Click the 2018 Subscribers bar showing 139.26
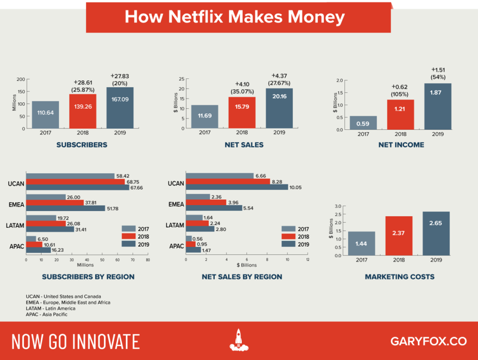click(x=83, y=111)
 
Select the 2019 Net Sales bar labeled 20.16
click(x=279, y=108)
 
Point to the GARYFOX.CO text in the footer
click(x=428, y=341)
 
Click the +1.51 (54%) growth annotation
click(x=438, y=74)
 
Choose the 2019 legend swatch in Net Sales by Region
click(x=288, y=244)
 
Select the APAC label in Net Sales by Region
click(x=176, y=246)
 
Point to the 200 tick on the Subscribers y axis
click(x=21, y=79)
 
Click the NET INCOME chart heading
click(x=401, y=145)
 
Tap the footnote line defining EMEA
click(x=68, y=303)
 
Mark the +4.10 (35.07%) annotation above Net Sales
click(x=242, y=88)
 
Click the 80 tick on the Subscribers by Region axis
click(x=148, y=260)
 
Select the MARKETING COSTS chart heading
click(x=400, y=277)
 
